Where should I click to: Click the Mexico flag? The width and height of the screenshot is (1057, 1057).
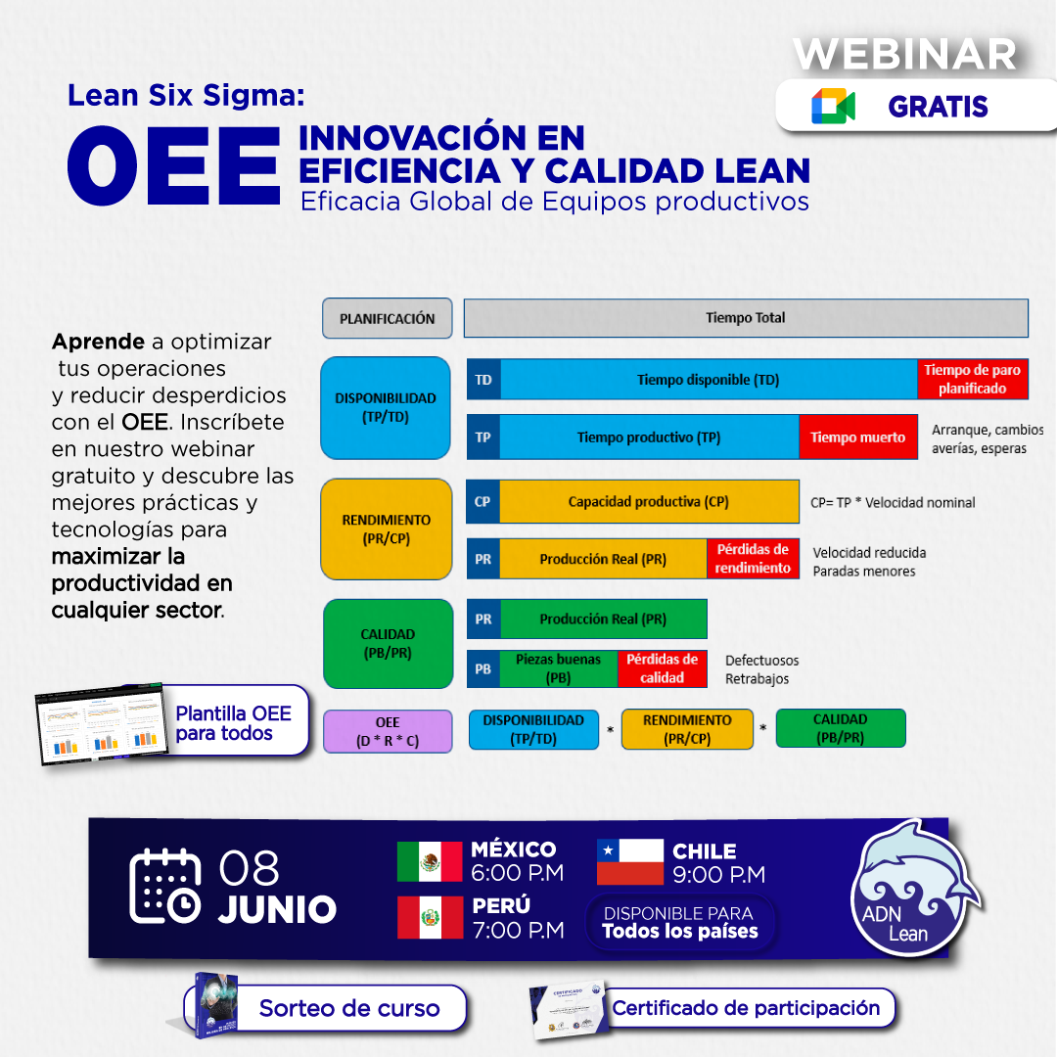429,861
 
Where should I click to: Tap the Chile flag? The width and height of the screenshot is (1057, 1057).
630,861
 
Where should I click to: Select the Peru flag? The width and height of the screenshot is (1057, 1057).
429,917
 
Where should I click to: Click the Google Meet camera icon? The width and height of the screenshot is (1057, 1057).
833,107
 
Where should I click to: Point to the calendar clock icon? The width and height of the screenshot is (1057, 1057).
165,886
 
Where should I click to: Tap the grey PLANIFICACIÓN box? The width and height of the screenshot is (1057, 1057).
387,318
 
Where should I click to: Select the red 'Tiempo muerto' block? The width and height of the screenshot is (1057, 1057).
857,437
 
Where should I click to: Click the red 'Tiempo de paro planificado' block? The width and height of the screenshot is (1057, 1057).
972,379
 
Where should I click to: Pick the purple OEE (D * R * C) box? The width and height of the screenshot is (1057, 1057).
388,731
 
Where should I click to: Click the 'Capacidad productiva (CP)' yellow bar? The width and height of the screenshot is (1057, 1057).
649,502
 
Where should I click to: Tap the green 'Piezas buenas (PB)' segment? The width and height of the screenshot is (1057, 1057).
558,668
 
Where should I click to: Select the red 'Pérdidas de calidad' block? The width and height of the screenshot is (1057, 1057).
662,668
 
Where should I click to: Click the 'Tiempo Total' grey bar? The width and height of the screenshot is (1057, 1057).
745,318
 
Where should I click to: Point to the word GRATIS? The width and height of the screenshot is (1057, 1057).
938,107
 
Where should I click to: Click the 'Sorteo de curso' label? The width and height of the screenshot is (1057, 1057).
349,1008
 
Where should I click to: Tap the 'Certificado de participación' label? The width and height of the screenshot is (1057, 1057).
746,1007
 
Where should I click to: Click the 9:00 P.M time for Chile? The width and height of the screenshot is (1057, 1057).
718,874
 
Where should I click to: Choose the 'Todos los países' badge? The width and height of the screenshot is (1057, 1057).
680,923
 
